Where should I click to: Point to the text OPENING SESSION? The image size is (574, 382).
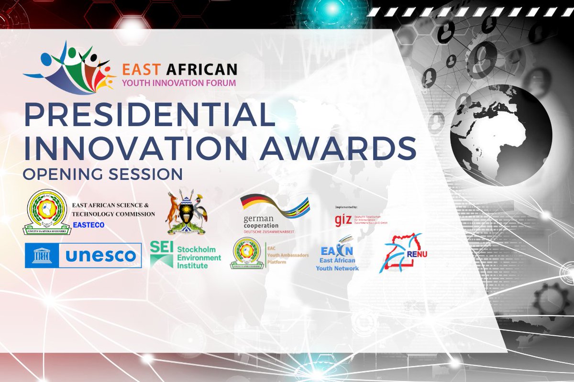[x=102, y=174]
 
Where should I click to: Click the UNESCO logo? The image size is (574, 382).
[x=83, y=255]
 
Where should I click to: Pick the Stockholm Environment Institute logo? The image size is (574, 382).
[x=185, y=254]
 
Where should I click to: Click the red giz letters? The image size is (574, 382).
[x=343, y=220]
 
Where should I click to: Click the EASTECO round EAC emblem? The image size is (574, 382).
[x=46, y=212]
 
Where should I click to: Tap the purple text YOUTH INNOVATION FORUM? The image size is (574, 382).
[x=179, y=83]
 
